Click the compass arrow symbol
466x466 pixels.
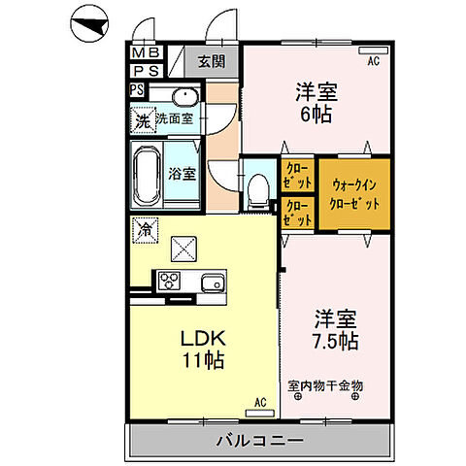coord(90,26)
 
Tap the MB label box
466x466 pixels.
coord(147,53)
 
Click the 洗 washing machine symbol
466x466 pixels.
coord(143,121)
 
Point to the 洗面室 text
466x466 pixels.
coord(174,119)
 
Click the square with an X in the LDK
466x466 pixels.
coord(183,249)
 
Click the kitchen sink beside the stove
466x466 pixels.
coord(213,283)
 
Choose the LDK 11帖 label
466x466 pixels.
coord(202,348)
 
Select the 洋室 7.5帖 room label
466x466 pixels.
coord(333,328)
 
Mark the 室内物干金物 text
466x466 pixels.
coord(325,385)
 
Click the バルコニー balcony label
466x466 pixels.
coord(262,440)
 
